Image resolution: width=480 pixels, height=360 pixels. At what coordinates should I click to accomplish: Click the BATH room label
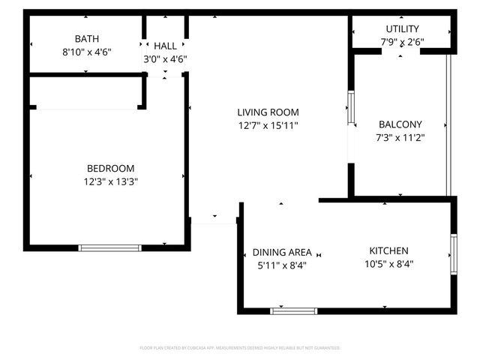86,39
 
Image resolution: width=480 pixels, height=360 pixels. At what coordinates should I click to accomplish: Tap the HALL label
165,46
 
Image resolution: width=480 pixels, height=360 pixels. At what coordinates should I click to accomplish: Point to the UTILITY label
402,28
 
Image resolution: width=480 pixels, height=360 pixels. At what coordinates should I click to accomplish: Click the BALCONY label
400,124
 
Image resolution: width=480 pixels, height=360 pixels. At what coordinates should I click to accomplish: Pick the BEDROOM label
110,168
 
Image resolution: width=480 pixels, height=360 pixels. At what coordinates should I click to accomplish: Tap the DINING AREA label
281,252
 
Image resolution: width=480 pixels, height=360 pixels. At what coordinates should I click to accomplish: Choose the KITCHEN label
388,250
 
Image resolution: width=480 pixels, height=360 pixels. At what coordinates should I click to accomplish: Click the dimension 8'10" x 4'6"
86,52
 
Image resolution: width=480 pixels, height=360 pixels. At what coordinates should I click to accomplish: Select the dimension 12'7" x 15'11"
268,126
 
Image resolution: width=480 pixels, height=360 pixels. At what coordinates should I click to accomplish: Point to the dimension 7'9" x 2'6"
402,42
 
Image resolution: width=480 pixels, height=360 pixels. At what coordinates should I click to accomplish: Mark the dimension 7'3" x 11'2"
400,138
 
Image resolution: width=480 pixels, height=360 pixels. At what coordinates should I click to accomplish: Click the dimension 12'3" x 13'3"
110,181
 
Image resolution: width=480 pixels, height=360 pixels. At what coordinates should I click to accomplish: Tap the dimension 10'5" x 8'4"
388,264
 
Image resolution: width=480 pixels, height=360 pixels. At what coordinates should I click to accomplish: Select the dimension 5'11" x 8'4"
281,265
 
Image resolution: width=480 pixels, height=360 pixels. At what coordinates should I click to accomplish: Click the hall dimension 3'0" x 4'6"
165,59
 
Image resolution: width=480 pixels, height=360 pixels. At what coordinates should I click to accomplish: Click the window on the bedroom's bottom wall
109,247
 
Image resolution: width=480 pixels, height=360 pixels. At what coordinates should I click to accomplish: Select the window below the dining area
293,310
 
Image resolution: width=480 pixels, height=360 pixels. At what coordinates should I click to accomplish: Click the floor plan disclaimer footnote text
240,348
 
